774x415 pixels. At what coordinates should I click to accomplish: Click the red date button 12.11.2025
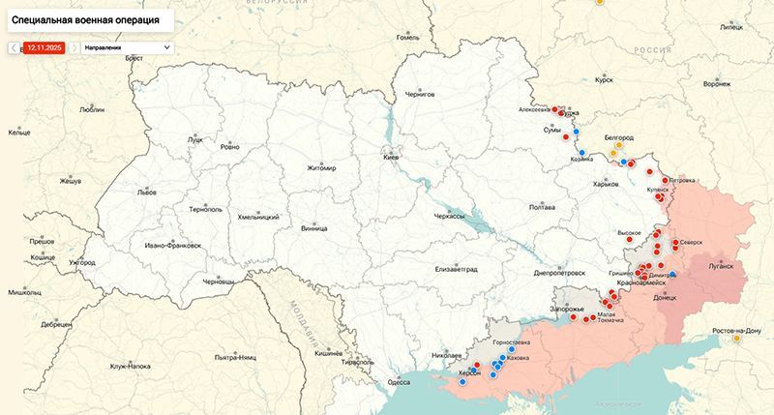[45, 46]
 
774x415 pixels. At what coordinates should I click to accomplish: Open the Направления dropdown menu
[127, 46]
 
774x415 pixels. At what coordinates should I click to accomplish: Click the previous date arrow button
[14, 46]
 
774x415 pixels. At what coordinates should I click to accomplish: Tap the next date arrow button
[74, 46]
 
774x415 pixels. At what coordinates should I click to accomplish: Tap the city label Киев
[391, 157]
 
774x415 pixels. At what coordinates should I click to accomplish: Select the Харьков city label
[606, 185]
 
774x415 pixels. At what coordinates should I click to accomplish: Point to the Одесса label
[399, 382]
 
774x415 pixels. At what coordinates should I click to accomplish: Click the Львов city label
[146, 193]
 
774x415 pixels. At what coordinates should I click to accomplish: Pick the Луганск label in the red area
[721, 264]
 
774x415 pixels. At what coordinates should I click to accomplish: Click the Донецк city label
[666, 298]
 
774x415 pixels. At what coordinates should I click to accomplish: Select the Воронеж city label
[718, 84]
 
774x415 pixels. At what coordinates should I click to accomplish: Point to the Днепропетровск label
[562, 274]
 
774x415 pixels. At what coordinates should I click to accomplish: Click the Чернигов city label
[419, 94]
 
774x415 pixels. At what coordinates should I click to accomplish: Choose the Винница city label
[314, 229]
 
